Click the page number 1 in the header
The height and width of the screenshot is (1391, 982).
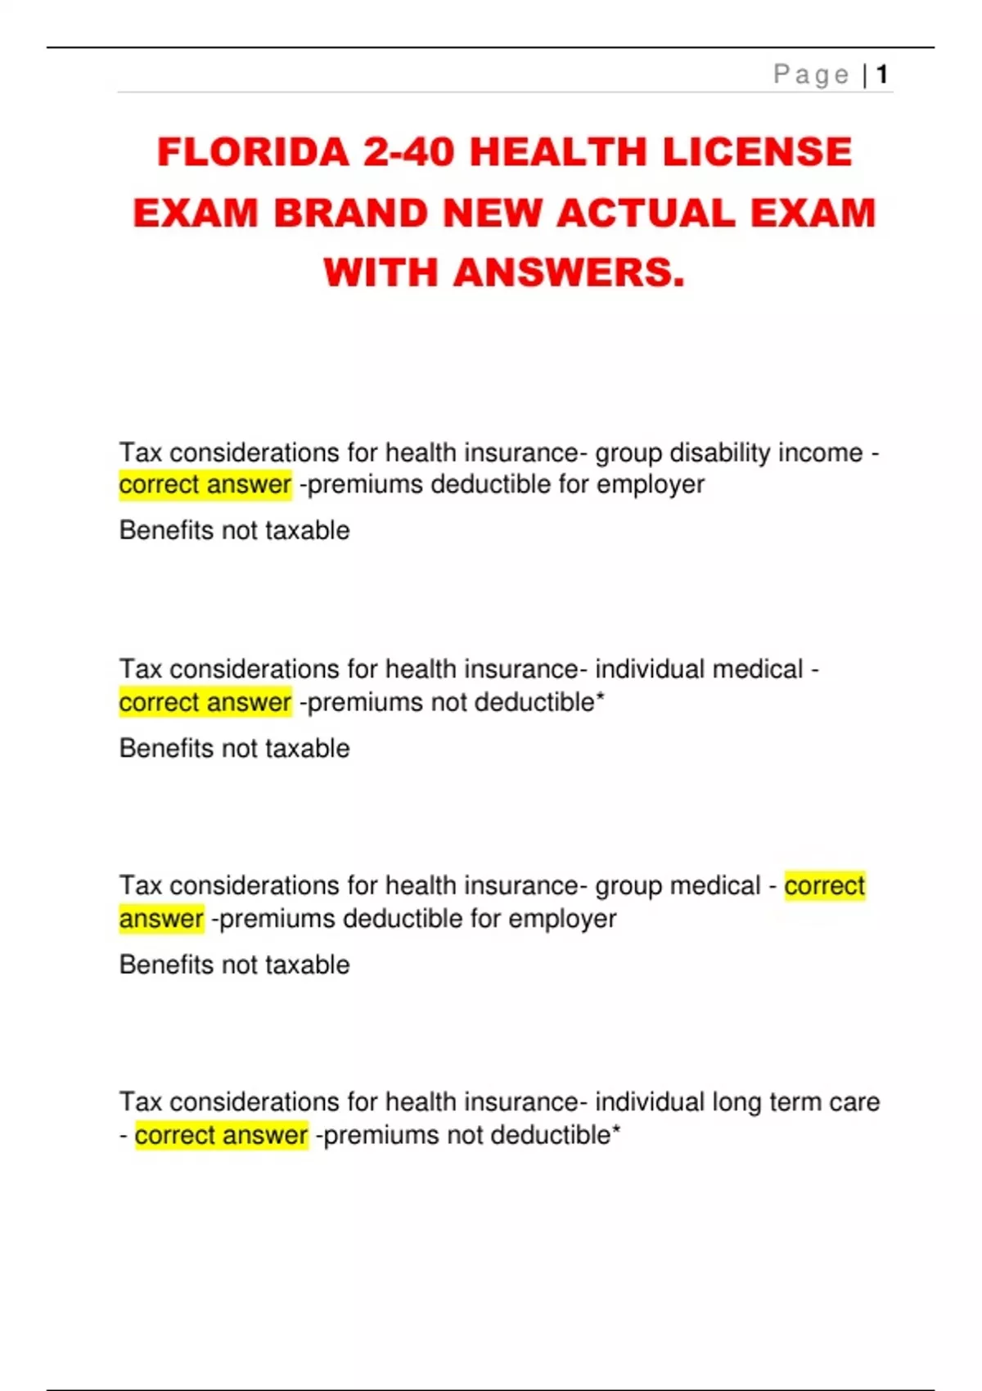[882, 75]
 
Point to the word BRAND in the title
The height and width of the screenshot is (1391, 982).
[351, 214]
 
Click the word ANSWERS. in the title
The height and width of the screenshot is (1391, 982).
[568, 272]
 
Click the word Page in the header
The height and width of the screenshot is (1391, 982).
[811, 75]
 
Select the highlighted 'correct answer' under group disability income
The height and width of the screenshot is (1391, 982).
[205, 485]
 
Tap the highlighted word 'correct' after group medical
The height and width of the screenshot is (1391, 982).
[824, 886]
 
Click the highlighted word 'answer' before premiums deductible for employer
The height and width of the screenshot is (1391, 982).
[161, 919]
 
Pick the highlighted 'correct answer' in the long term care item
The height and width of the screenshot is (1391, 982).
[221, 1136]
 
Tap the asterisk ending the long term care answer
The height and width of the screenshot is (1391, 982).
[616, 1132]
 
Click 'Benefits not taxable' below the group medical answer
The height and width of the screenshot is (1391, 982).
[235, 965]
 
